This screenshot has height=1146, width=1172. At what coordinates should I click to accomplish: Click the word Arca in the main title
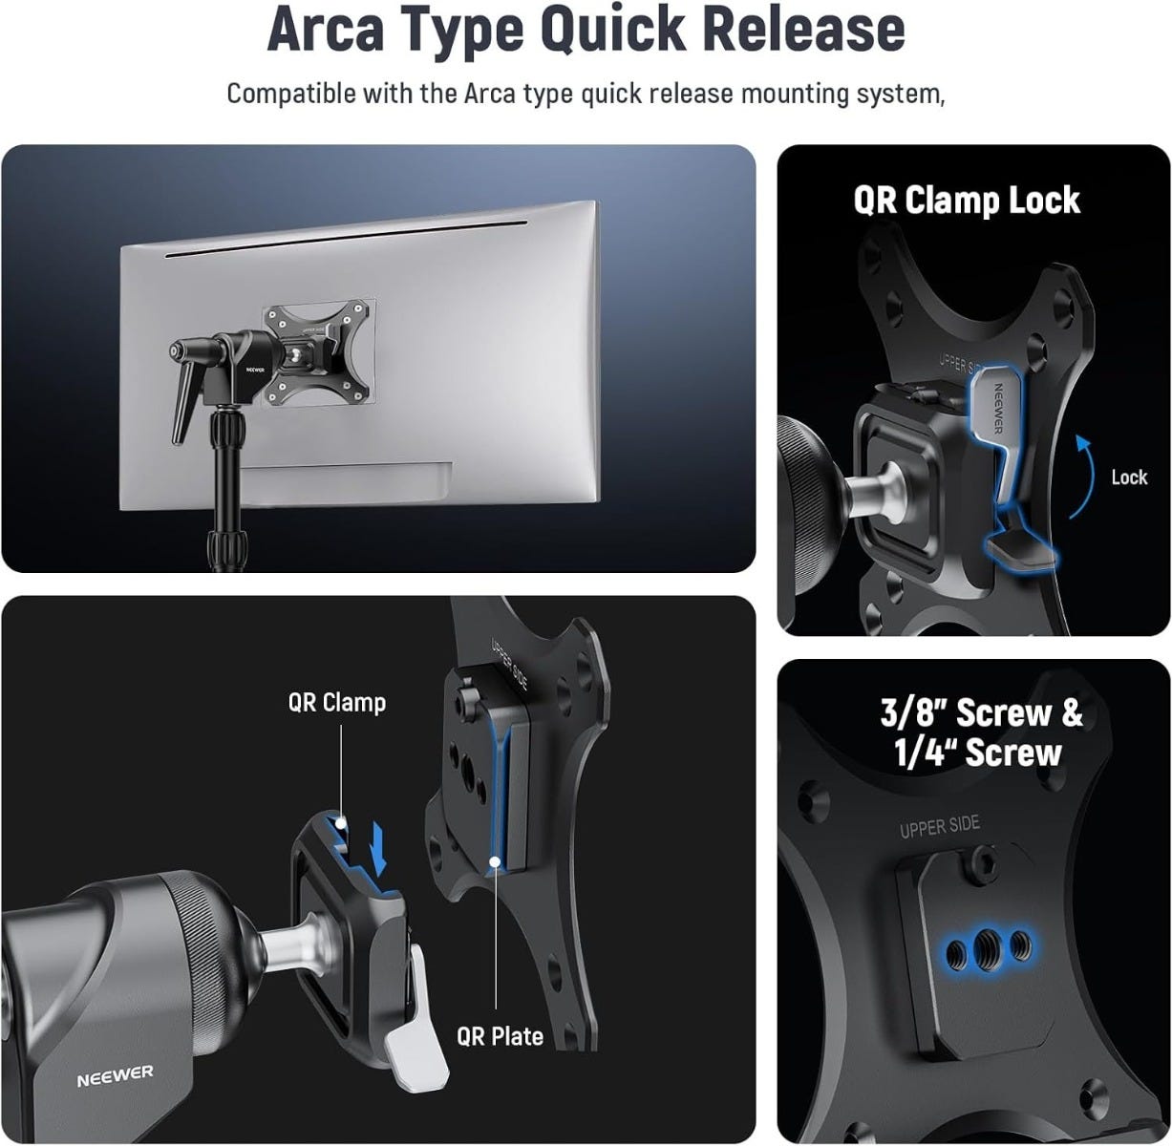coord(325,31)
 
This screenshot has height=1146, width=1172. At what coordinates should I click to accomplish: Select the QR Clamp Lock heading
coord(967,201)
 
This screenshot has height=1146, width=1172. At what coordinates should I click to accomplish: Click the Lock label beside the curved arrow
coord(1129,477)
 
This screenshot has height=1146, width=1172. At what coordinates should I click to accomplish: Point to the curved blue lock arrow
coord(1084,476)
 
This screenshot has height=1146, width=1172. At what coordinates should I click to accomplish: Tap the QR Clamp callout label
coord(336,703)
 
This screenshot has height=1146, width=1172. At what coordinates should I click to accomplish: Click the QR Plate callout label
coord(500,1036)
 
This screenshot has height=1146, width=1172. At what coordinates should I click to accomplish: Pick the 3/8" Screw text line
coord(981,712)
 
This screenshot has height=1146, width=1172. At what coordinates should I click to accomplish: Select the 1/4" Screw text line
coord(977,753)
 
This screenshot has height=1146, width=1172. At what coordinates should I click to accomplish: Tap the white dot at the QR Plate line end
coord(495,861)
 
